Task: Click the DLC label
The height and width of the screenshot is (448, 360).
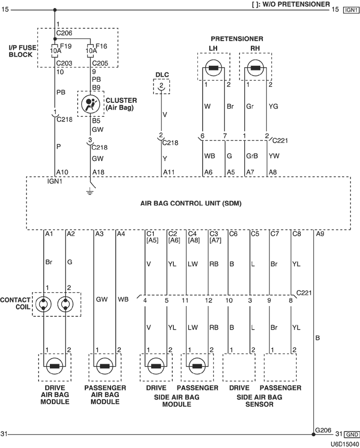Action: click(162, 75)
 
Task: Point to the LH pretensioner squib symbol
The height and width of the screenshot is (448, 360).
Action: click(213, 68)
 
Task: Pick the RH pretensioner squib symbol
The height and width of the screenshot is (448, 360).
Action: click(256, 68)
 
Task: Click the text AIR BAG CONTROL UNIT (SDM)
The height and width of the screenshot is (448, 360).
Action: click(191, 203)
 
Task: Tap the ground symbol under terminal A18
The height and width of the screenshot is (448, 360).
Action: click(90, 192)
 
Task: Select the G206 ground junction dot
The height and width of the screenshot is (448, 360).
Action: click(314, 434)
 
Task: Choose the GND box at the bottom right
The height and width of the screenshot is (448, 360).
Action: click(351, 435)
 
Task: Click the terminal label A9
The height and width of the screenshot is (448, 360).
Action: click(319, 234)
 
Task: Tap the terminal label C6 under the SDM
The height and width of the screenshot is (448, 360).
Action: click(233, 234)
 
